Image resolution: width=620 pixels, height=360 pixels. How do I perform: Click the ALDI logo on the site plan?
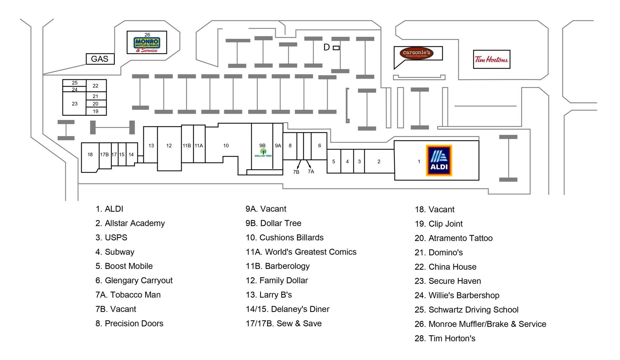pyautogui.click(x=439, y=160)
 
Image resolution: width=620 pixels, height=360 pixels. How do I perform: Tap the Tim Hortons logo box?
pyautogui.click(x=491, y=59)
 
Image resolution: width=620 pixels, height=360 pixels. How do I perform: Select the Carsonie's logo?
pyautogui.click(x=416, y=53)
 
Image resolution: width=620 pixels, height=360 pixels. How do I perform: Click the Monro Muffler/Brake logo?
pyautogui.click(x=147, y=44)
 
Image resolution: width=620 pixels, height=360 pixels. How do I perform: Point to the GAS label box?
pyautogui.click(x=100, y=59)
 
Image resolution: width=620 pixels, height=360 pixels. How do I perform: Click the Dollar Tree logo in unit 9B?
pyautogui.click(x=263, y=153)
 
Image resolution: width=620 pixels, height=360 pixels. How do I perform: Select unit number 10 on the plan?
pyautogui.click(x=226, y=146)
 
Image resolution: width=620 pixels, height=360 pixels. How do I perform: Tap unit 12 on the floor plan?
pyautogui.click(x=169, y=146)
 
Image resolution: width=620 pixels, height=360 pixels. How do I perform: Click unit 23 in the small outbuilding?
pyautogui.click(x=75, y=104)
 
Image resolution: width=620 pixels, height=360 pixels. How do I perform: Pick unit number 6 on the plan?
pyautogui.click(x=320, y=146)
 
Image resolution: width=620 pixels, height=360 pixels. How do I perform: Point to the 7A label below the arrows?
pyautogui.click(x=311, y=172)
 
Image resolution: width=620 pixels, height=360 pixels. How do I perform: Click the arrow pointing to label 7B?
pyautogui.click(x=299, y=164)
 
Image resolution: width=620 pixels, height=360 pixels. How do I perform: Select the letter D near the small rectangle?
pyautogui.click(x=326, y=47)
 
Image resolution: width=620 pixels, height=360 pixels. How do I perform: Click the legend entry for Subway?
pyautogui.click(x=115, y=252)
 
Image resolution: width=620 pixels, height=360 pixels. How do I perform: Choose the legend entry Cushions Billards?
pyautogui.click(x=285, y=238)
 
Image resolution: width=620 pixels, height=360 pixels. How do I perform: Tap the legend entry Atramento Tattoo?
pyautogui.click(x=454, y=238)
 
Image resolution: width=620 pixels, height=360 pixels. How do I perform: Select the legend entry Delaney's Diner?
pyautogui.click(x=287, y=309)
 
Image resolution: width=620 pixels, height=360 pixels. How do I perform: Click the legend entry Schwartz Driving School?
pyautogui.click(x=466, y=310)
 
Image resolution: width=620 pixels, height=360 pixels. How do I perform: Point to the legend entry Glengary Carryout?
pyautogui.click(x=134, y=280)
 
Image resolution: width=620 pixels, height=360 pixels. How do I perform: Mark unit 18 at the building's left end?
pyautogui.click(x=90, y=155)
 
